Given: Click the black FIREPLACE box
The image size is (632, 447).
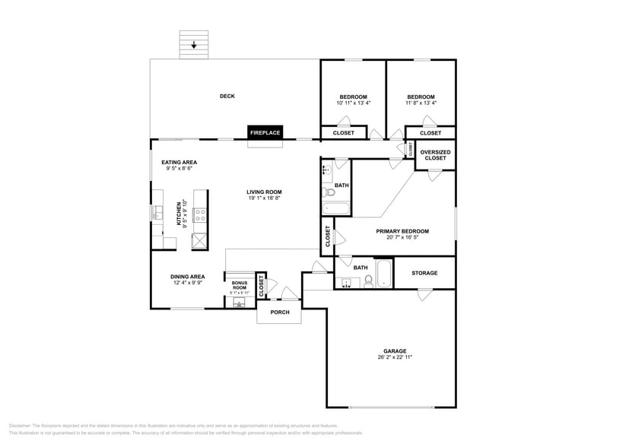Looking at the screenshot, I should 265,132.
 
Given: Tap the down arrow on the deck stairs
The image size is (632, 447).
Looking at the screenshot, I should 194,45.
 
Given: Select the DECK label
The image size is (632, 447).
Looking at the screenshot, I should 227,96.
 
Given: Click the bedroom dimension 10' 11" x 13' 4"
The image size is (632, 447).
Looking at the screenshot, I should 353,103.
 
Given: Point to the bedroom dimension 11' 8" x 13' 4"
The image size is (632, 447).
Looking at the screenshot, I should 421,103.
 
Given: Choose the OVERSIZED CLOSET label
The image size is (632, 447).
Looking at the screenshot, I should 435,155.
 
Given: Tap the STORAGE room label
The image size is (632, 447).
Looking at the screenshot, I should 424,273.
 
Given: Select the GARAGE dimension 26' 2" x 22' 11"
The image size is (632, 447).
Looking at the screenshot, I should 395,357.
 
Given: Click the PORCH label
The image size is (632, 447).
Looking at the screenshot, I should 280,312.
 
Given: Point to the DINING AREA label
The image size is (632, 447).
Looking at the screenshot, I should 187,277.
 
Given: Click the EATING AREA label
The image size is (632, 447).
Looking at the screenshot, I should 179,162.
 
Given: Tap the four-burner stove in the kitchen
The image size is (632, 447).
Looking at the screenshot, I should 201,214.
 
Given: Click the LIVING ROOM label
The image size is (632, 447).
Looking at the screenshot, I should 264,192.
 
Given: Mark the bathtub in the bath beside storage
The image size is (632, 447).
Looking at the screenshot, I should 382,274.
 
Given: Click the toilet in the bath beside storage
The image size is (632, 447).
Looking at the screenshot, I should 368,281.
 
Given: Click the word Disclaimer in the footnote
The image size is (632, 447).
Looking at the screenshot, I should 21,426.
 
